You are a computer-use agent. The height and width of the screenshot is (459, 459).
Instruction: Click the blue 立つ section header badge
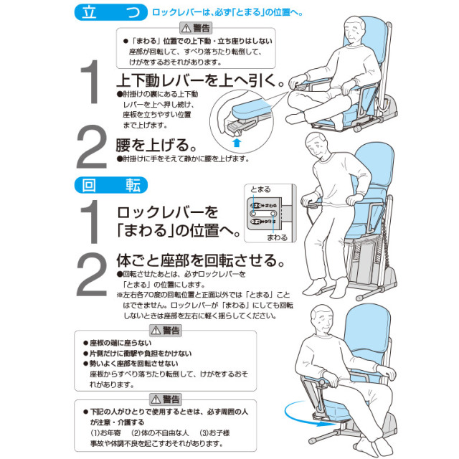pyautogui.click(x=111, y=12)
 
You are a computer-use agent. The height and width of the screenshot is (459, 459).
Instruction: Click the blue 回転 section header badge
pyautogui.click(x=111, y=185)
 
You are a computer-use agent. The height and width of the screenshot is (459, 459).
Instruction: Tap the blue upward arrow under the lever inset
pyautogui.click(x=237, y=143)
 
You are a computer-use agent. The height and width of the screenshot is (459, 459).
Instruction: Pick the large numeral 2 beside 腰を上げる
pyautogui.click(x=91, y=147)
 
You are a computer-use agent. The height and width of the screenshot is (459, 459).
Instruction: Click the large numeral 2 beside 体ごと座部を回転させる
pyautogui.click(x=91, y=274)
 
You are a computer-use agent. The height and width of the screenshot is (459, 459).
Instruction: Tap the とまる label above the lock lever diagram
pyautogui.click(x=260, y=189)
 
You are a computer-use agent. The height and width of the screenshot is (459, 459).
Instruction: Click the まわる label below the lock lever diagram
pyautogui.click(x=277, y=237)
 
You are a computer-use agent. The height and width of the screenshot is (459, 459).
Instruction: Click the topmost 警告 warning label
pyautogui.click(x=196, y=28)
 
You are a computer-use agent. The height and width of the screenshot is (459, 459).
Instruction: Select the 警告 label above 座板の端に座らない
pyautogui.click(x=166, y=331)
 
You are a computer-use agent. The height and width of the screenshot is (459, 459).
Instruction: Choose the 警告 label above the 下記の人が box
pyautogui.click(x=166, y=399)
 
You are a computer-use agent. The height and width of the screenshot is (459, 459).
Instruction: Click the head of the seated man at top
pyautogui.click(x=354, y=31)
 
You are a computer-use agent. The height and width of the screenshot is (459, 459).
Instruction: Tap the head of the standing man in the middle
pyautogui.click(x=317, y=145)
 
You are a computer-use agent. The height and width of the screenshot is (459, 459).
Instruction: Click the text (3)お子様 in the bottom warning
pyautogui.click(x=214, y=433)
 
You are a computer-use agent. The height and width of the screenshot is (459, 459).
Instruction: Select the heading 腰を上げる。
pyautogui.click(x=156, y=145)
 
